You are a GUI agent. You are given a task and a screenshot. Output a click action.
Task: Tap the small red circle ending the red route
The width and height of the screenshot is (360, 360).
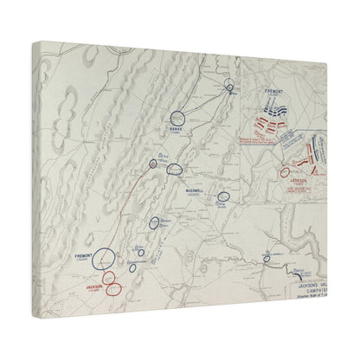(152, 163)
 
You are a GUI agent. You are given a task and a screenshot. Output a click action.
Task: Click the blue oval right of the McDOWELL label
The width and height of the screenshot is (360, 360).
(224, 197)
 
